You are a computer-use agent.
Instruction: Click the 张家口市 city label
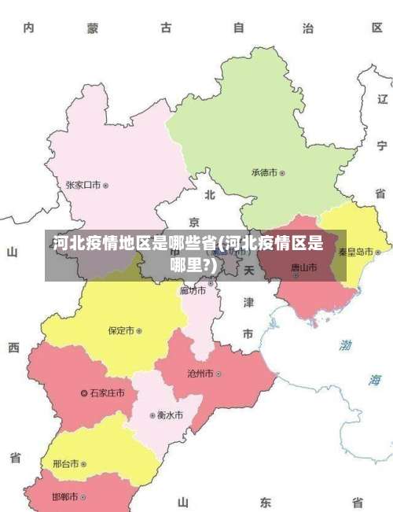[83, 186]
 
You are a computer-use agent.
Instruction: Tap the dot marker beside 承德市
[282, 172]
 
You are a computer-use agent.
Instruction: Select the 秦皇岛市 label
[355, 252]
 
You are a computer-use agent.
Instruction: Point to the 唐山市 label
[303, 267]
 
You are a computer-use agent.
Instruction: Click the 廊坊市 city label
[193, 291]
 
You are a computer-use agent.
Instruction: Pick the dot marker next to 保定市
[139, 331]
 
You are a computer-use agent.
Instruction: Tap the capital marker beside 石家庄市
[85, 392]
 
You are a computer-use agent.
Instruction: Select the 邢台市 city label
[65, 464]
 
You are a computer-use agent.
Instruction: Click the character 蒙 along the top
[93, 28]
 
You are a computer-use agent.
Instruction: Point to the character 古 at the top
[166, 28]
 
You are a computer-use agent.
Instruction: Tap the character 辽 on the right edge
[382, 99]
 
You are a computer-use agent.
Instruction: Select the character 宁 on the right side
[381, 145]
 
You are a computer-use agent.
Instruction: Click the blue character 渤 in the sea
[346, 345]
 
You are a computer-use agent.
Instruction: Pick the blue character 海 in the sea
[375, 380]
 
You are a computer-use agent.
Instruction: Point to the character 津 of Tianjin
[248, 302]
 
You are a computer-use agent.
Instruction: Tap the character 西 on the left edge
[13, 347]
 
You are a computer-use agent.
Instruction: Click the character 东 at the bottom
[266, 502]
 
